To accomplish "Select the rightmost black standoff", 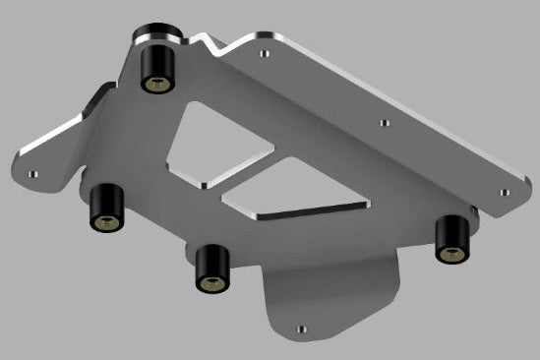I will pyautogui.click(x=451, y=239).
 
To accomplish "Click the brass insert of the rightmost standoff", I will pyautogui.click(x=451, y=255).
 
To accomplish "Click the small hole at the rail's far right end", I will pyautogui.click(x=504, y=193).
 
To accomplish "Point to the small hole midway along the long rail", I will pyautogui.click(x=385, y=123).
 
